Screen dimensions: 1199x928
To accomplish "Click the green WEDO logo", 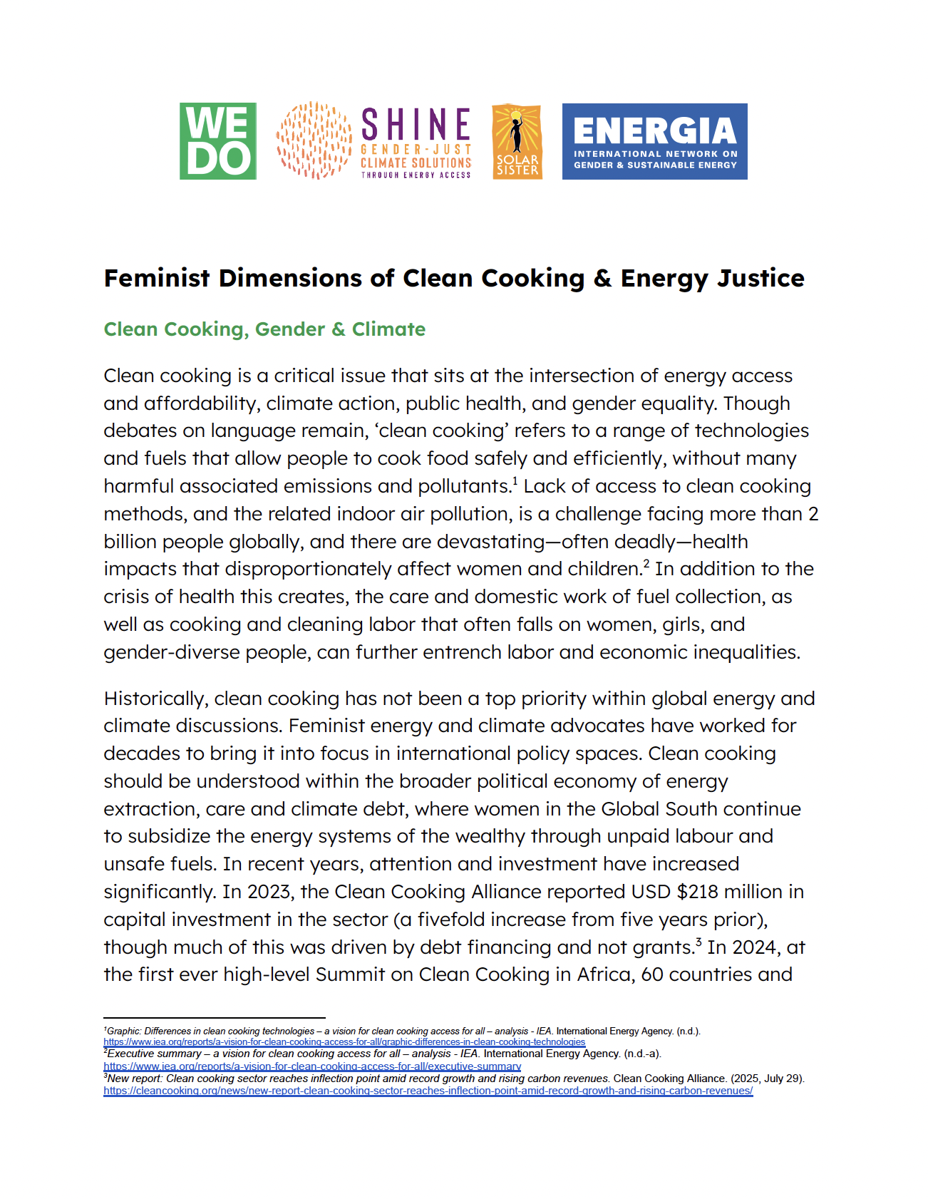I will tap(217, 141).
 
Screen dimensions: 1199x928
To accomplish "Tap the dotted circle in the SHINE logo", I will tap(314, 140).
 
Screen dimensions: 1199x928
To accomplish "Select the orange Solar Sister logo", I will tap(517, 142).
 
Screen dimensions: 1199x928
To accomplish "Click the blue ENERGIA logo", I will tap(654, 141).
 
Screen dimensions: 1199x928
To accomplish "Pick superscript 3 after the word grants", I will tap(698, 941).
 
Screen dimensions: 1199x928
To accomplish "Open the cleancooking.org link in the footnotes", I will tap(428, 1091).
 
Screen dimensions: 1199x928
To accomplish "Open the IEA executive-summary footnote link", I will tap(312, 1066).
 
